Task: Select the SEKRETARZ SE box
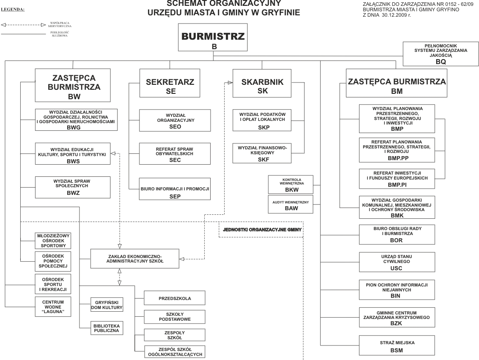[x=163, y=83]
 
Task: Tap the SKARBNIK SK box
[x=256, y=83]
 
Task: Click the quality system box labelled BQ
[x=440, y=54]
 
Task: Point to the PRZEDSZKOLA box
[x=175, y=298]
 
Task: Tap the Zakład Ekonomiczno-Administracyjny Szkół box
[x=134, y=258]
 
